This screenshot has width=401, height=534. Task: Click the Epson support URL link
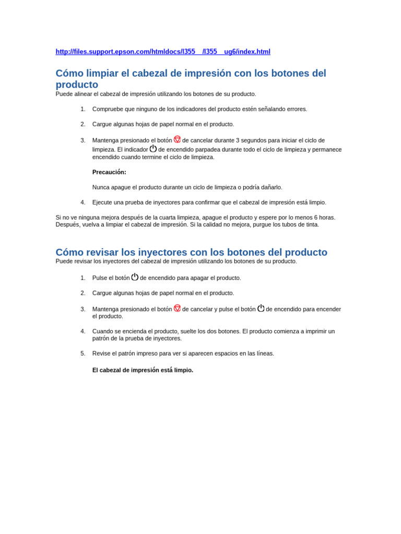[x=163, y=52]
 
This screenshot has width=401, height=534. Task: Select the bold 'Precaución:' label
[x=109, y=172]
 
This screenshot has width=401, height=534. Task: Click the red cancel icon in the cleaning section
[x=177, y=139]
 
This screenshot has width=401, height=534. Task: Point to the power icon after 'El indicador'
[x=153, y=148]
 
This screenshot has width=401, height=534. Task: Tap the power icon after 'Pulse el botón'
[x=135, y=277]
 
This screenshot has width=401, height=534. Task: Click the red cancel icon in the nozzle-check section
[x=177, y=308]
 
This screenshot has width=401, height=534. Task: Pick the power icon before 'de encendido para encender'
[x=261, y=308]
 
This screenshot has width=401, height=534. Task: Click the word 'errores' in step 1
[x=295, y=109]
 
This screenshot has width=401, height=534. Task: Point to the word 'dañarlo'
[x=270, y=187]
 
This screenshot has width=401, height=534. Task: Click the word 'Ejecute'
[x=102, y=202]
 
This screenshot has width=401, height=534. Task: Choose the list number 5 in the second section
[x=82, y=354]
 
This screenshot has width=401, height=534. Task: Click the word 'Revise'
[x=102, y=354]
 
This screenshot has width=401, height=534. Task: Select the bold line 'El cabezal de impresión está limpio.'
[x=143, y=370]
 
